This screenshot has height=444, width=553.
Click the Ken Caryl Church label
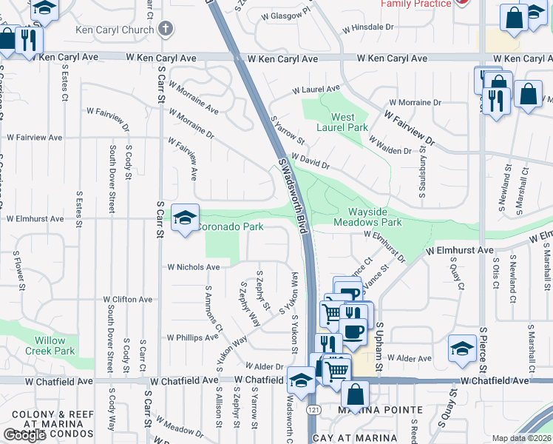point(115,31)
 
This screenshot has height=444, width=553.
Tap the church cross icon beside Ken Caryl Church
point(166,30)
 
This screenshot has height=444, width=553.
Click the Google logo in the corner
point(24,435)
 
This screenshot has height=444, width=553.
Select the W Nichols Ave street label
point(193,267)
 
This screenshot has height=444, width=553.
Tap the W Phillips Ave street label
point(192,337)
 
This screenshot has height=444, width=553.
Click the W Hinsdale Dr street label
point(370,30)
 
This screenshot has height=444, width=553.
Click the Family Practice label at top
point(415,4)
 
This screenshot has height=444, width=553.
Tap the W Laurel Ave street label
point(316,89)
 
